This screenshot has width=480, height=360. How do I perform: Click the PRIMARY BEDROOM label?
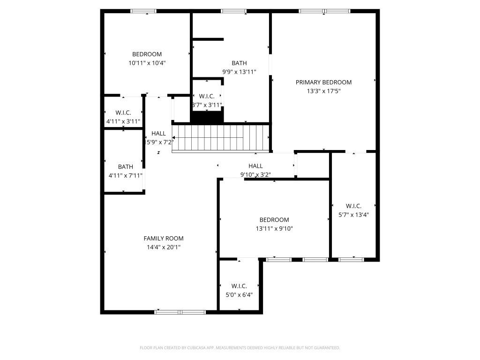pyautogui.click(x=323, y=82)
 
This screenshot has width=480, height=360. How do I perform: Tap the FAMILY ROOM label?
pyautogui.click(x=163, y=238)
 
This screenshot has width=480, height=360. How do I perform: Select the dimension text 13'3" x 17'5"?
pyautogui.click(x=323, y=91)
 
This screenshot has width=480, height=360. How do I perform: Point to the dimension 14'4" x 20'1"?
pyautogui.click(x=163, y=247)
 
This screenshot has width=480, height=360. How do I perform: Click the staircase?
pyautogui.click(x=220, y=138)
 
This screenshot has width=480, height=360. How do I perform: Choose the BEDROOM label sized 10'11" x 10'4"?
pyautogui.click(x=147, y=54)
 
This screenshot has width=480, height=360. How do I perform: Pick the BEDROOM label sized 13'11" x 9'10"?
pyautogui.click(x=274, y=219)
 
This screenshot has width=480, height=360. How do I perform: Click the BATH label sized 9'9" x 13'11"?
pyautogui.click(x=239, y=63)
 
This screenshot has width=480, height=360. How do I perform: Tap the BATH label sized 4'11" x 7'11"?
pyautogui.click(x=125, y=166)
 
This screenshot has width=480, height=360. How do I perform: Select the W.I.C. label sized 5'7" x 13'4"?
pyautogui.click(x=353, y=206)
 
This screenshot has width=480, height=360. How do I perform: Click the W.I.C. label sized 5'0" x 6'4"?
pyautogui.click(x=239, y=286)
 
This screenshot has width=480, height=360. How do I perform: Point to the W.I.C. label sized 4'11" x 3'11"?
pyautogui.click(x=123, y=112)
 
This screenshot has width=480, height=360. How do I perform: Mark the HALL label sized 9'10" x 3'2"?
pyautogui.click(x=255, y=165)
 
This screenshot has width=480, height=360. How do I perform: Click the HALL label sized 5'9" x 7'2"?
pyautogui.click(x=158, y=134)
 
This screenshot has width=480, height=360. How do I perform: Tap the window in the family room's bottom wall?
pyautogui.click(x=180, y=312)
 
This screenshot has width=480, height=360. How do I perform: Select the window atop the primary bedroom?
pyautogui.click(x=324, y=11)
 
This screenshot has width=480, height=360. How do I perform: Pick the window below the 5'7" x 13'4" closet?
pyautogui.click(x=351, y=259)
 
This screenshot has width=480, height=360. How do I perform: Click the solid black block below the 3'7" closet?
pyautogui.click(x=207, y=118)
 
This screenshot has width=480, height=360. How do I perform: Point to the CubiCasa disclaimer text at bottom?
pyautogui.click(x=240, y=348)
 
